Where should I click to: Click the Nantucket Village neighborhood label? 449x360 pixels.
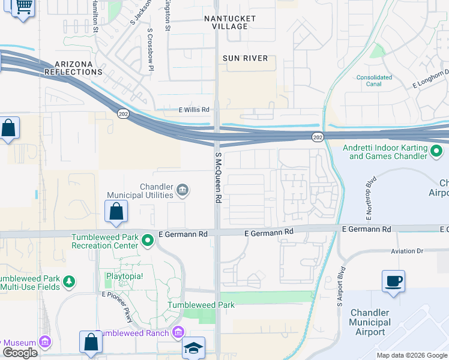pyautogui.click(x=230, y=23)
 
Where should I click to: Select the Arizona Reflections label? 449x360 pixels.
pyautogui.click(x=79, y=68)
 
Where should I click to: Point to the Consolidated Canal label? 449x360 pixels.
pyautogui.click(x=374, y=80)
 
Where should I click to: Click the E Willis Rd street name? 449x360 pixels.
pyautogui.click(x=193, y=110)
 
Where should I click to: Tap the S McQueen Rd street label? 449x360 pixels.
pyautogui.click(x=218, y=178)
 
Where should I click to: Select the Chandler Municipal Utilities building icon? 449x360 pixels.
pyautogui.click(x=184, y=191)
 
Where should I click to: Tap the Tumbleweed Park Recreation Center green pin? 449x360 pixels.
pyautogui.click(x=148, y=241)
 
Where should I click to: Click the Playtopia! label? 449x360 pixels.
pyautogui.click(x=125, y=277)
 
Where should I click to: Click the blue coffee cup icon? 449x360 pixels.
pyautogui.click(x=393, y=281)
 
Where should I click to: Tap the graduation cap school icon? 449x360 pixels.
pyautogui.click(x=194, y=347)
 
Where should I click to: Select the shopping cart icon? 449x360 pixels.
pyautogui.click(x=22, y=8)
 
